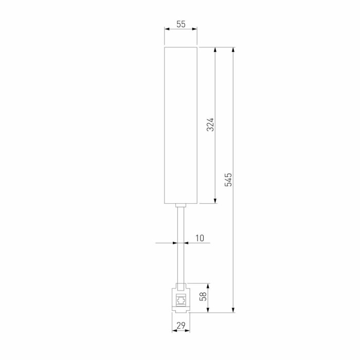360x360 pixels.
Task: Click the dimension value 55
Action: [x=181, y=24]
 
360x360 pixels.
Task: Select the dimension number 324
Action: [x=210, y=124]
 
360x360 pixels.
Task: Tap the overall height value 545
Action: [x=229, y=179]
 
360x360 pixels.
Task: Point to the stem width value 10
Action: [x=200, y=238]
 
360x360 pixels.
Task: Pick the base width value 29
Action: [x=181, y=325]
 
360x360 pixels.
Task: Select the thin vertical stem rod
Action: [x=181, y=247]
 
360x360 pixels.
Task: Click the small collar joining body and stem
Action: [x=181, y=206]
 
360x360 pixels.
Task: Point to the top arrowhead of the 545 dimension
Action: [x=233, y=50]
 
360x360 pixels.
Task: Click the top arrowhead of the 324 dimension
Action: [x=215, y=50]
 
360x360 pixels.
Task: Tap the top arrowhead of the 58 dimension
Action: [x=208, y=286]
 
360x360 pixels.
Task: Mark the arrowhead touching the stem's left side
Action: [x=175, y=243]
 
